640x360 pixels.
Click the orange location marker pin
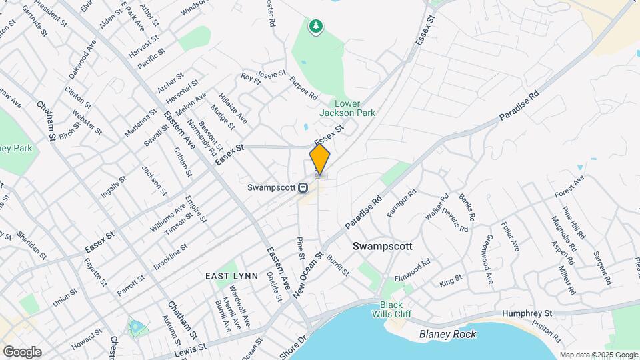click(320, 160)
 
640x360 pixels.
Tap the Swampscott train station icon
click(303, 187)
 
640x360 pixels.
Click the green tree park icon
click(316, 26)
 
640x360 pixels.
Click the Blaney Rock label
click(447, 334)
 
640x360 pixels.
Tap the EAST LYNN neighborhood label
click(228, 275)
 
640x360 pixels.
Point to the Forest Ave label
click(569, 187)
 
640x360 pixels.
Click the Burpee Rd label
click(303, 88)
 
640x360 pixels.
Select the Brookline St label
click(171, 256)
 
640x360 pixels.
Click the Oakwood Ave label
click(82, 59)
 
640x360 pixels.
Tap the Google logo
click(22, 352)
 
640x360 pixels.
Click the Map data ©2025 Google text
click(597, 355)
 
